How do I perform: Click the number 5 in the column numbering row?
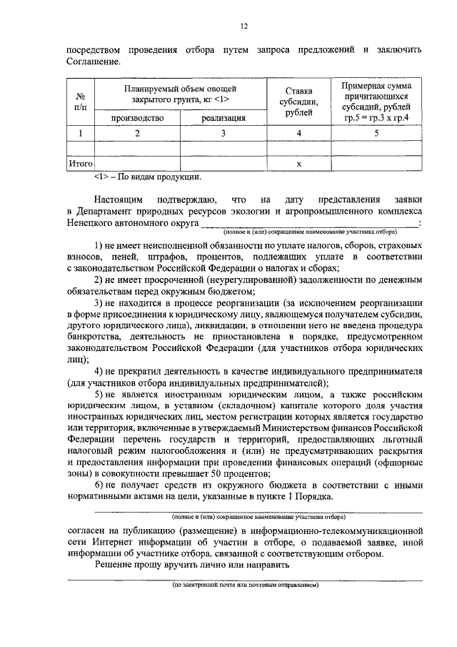pyautogui.click(x=375, y=133)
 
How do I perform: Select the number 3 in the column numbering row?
pyautogui.click(x=223, y=133)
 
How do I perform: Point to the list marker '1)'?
pyautogui.click(x=100, y=246)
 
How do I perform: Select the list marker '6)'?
pyautogui.click(x=100, y=485)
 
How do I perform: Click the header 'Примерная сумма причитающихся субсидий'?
pyautogui.click(x=375, y=102)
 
